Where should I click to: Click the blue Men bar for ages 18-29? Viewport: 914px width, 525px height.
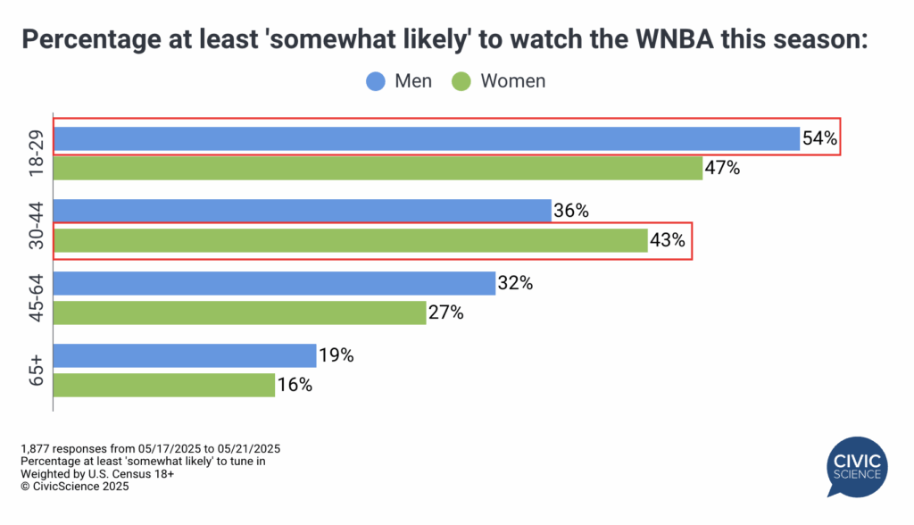pyautogui.click(x=427, y=138)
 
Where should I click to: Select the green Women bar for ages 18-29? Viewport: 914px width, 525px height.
pyautogui.click(x=378, y=168)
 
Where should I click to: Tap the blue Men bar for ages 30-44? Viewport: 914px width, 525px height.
pyautogui.click(x=303, y=211)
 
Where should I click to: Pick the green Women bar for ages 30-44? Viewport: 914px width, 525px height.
pyautogui.click(x=351, y=240)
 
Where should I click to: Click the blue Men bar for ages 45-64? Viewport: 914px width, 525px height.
pyautogui.click(x=275, y=283)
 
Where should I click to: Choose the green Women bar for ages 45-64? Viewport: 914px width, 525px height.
pyautogui.click(x=240, y=312)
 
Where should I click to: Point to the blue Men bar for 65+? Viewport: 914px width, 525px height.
pyautogui.click(x=186, y=355)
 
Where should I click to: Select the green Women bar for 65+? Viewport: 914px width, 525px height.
pyautogui.click(x=164, y=385)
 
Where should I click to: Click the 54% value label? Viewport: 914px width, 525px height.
pyautogui.click(x=819, y=138)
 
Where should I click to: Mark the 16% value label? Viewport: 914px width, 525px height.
pyautogui.click(x=294, y=385)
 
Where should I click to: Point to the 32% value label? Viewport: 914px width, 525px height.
pyautogui.click(x=515, y=283)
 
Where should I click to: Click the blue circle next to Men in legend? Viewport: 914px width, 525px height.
pyautogui.click(x=376, y=81)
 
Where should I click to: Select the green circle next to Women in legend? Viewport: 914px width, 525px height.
pyautogui.click(x=461, y=81)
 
